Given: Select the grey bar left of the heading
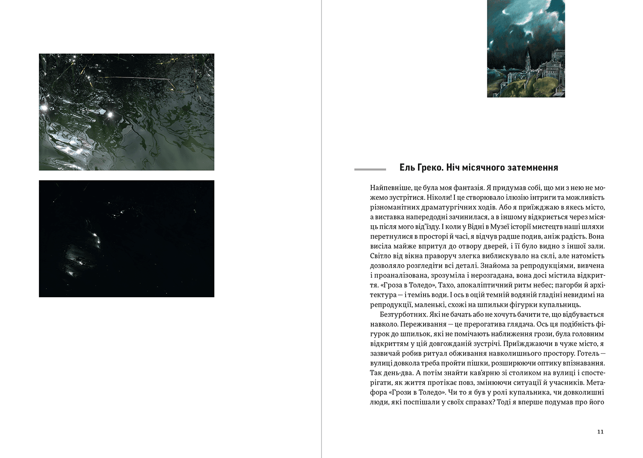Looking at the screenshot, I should coord(370,169).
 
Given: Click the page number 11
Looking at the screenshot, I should coord(600,431).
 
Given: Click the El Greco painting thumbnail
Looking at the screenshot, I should coord(526,48).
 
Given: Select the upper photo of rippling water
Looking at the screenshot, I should coord(126,112).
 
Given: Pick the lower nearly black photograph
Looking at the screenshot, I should coord(126,238).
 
